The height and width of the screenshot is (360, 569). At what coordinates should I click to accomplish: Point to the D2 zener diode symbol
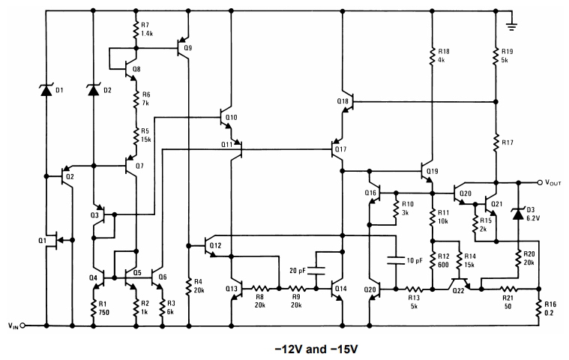[x=94, y=90]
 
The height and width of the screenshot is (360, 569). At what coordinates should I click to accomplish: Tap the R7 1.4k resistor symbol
[x=136, y=30]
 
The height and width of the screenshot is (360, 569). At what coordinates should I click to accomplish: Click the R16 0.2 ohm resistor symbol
[x=539, y=308]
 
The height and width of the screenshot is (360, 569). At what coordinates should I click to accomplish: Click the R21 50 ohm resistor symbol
[x=509, y=288]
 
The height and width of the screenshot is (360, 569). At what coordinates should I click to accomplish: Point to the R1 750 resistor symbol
[x=94, y=308]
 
